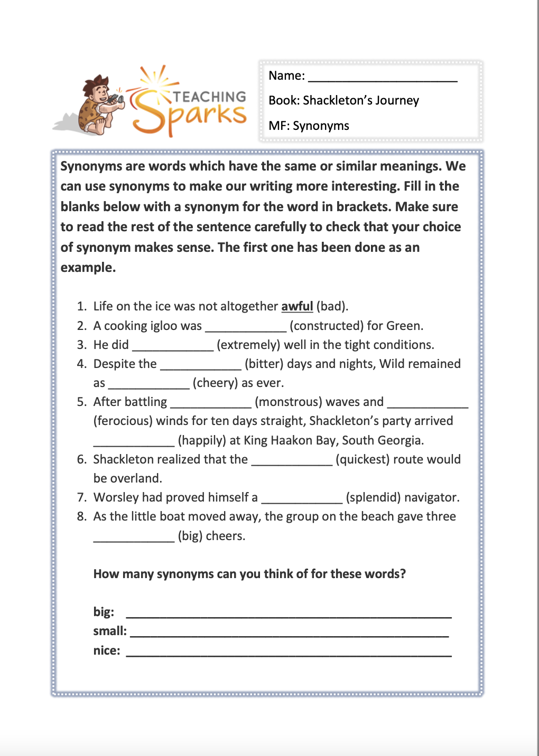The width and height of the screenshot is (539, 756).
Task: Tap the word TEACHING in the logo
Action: (210, 97)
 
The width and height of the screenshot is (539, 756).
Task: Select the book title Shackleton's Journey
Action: (361, 100)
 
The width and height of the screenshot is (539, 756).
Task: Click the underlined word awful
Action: (297, 306)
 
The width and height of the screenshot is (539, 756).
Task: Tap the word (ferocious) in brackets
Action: (123, 421)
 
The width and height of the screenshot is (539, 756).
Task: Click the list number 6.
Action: (81, 459)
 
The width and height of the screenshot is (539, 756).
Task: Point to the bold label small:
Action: (110, 631)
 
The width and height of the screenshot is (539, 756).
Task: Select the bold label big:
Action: (104, 612)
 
